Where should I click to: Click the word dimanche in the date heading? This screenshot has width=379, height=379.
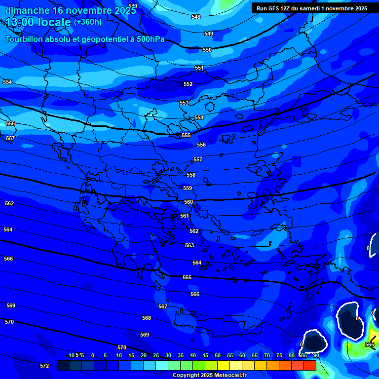point(28,10)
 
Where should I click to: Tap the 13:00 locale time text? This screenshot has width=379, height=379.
point(38,22)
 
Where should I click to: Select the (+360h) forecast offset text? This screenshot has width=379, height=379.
point(88,22)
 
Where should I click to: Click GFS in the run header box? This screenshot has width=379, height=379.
point(275,8)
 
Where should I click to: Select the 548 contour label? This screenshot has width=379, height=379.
point(196,17)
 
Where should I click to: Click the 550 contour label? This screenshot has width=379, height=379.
point(207,50)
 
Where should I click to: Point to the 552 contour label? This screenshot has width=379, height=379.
point(188,84)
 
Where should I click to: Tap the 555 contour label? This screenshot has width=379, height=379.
point(186,135)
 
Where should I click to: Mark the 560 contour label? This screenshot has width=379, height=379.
point(189,202)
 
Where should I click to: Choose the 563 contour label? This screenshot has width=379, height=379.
point(189,245)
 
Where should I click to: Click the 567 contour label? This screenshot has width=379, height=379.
point(163,306)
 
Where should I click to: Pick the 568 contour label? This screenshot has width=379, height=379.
point(147,318)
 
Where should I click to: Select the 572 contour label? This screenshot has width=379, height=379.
point(44,366)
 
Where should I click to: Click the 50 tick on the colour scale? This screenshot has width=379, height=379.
point(218,356)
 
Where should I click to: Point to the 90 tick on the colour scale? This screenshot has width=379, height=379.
point(316,356)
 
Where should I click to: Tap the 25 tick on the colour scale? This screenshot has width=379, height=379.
point(156,356)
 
